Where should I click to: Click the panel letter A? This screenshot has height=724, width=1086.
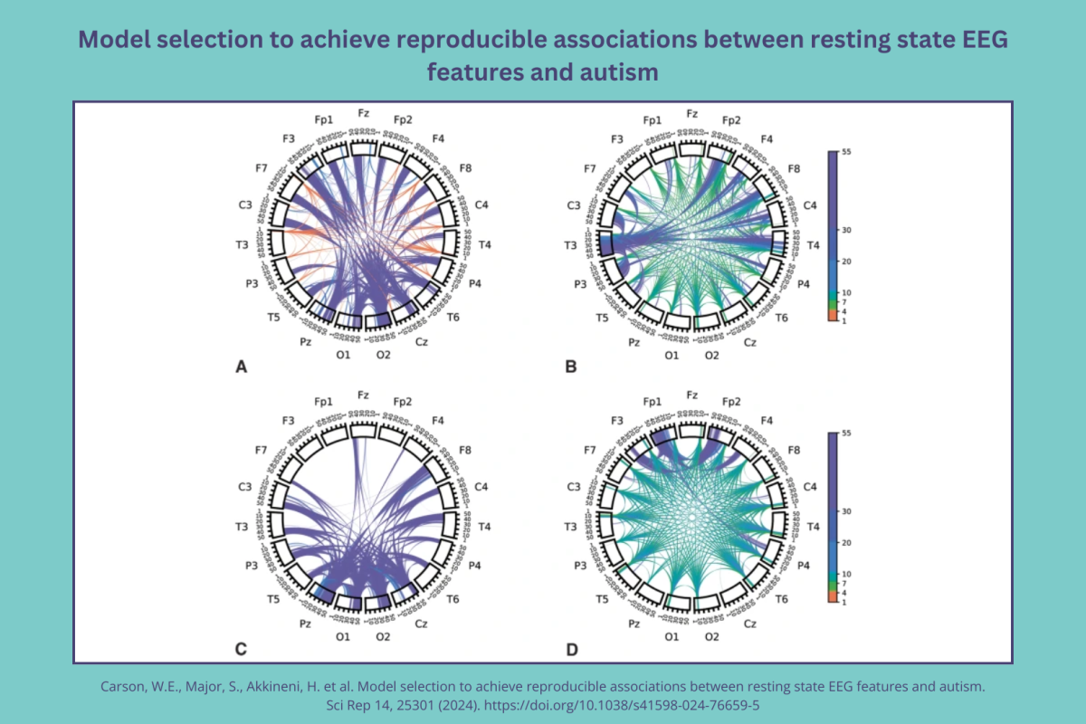coord(241,367)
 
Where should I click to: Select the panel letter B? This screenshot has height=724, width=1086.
coord(570,367)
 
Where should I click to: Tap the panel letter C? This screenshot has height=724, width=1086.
coord(241,648)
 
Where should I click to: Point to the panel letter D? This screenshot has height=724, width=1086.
coord(570,648)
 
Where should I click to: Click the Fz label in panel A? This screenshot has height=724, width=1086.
coord(363,113)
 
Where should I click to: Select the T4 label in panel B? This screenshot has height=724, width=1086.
coord(814,244)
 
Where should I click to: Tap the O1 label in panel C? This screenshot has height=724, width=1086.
coord(342,637)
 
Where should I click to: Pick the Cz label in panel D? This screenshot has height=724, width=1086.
coord(750,624)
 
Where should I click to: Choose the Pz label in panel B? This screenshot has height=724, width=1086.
coord(634,342)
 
